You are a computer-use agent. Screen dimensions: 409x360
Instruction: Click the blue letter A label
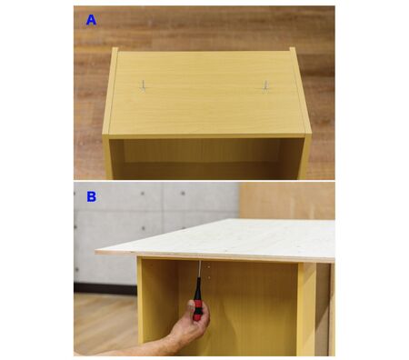91,20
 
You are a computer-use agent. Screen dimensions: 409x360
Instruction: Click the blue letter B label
91,196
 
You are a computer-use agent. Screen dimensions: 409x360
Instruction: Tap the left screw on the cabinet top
143,85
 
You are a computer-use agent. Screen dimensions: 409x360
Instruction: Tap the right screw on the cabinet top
265,86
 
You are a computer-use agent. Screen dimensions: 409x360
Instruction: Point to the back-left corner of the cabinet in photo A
115,48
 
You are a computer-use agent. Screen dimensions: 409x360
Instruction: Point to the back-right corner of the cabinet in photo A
293,48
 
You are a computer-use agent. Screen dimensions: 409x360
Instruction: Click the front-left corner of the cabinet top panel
103,135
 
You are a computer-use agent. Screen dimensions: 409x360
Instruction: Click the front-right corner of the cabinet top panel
311,134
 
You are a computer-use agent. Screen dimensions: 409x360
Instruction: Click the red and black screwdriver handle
197,299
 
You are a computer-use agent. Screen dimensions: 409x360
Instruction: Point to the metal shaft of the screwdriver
199,269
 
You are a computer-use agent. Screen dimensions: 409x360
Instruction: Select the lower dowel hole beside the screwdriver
209,277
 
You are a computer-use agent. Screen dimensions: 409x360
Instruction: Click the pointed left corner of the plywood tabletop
95,251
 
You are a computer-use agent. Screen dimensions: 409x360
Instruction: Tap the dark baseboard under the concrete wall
105,288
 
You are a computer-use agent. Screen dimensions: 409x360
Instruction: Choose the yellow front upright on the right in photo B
306,309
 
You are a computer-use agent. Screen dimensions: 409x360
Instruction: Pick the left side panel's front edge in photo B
139,300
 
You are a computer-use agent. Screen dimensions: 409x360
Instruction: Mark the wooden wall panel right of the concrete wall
286,200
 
